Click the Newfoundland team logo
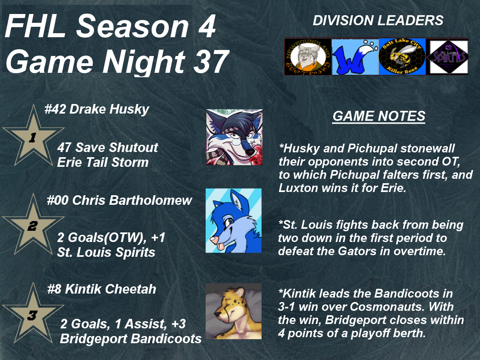tap(308, 57)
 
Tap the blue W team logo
tap(355, 57)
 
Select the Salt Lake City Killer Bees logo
tap(402, 57)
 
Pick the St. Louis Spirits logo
tap(448, 57)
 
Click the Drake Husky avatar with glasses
tap(234, 137)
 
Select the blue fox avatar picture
tap(234, 220)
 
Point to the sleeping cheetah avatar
tap(234, 311)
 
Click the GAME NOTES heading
tap(379, 116)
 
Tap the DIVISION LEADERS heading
tap(378, 20)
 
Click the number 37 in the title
tap(210, 62)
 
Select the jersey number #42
tap(55, 109)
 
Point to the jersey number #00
tap(58, 200)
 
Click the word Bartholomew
tap(150, 200)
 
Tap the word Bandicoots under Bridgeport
tap(166, 338)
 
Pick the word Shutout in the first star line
tap(133, 148)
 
